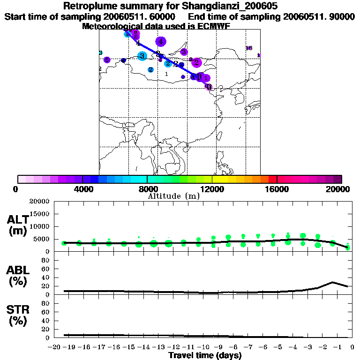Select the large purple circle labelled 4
click(x=161, y=42)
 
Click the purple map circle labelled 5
click(x=107, y=60)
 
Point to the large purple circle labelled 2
click(x=196, y=62)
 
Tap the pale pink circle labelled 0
click(x=209, y=87)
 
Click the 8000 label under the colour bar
click(x=147, y=189)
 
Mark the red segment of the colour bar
click(x=272, y=179)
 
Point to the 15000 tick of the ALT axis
click(x=39, y=214)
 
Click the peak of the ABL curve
click(x=332, y=282)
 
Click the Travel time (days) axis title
click(x=205, y=355)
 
